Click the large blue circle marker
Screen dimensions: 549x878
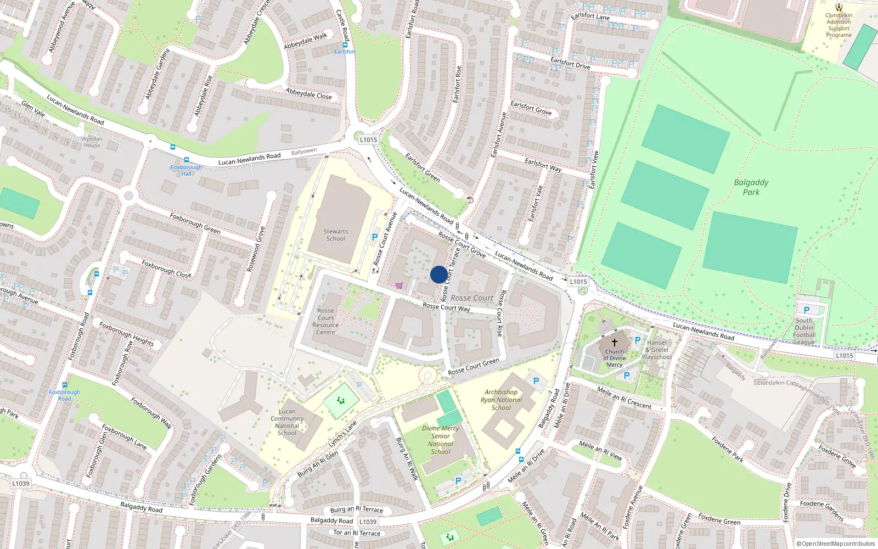(439, 274)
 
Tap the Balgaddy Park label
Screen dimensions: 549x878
(751, 187)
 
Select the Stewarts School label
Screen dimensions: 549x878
(336, 235)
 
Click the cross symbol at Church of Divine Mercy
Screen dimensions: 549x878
(615, 343)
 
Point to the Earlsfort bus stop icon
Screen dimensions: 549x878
(345, 45)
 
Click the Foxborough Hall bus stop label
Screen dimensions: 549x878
(186, 170)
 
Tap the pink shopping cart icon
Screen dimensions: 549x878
(399, 285)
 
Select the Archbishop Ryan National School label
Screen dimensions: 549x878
(501, 400)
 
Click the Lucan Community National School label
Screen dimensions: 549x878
(287, 422)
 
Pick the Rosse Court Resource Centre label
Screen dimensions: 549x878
(325, 321)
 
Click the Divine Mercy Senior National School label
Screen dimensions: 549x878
(441, 440)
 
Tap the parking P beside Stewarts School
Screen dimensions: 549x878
(375, 237)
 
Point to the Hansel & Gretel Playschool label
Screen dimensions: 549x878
(657, 350)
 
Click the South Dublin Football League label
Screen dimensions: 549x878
(804, 331)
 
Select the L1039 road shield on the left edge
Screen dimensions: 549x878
(21, 484)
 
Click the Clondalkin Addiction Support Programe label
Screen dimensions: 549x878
(838, 25)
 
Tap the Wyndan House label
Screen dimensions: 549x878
(92, 142)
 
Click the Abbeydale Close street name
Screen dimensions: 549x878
(308, 94)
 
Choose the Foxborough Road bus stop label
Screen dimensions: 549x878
(64, 395)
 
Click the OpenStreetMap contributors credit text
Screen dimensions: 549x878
(835, 544)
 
